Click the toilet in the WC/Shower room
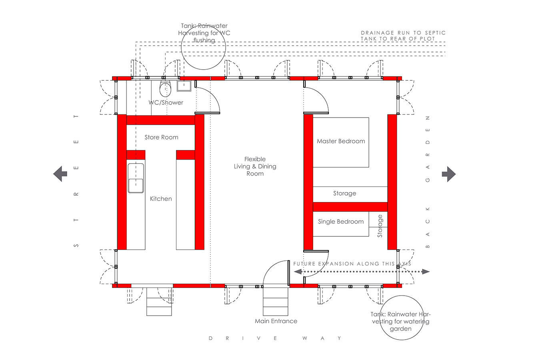tap(165, 89)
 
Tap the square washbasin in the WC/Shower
tap(184, 86)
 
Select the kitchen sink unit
tap(136, 178)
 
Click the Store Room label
tap(161, 137)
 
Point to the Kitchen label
tap(161, 199)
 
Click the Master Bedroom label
tap(341, 141)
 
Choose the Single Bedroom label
tap(341, 221)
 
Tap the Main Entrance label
tap(276, 321)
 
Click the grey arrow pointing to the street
tap(60, 174)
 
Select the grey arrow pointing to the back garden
tap(449, 174)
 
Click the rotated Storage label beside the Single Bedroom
tap(380, 226)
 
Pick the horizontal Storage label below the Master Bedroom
tap(344, 193)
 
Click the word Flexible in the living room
tap(255, 159)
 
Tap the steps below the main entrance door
tap(275, 302)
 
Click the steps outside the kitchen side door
tap(159, 302)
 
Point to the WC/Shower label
tap(166, 102)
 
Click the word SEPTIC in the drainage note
tap(435, 33)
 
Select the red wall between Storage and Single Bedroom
tap(350, 207)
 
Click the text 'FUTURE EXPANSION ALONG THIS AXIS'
tap(352, 264)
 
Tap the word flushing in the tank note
tap(204, 40)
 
